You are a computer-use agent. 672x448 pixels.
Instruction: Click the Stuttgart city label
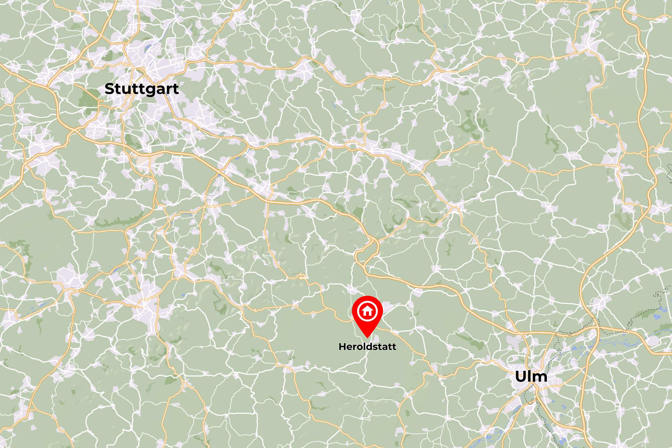click(x=142, y=89)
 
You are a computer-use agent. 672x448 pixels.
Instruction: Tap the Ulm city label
click(x=531, y=376)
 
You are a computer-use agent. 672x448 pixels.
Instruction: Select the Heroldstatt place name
click(x=367, y=347)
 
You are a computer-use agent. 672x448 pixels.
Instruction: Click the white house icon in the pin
click(x=367, y=311)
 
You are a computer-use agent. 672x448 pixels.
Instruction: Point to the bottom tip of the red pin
click(x=367, y=337)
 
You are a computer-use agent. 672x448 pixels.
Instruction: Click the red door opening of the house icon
click(x=367, y=313)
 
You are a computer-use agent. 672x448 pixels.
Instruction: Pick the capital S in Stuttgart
click(x=110, y=89)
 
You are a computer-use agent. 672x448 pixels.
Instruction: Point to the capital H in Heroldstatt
click(x=342, y=347)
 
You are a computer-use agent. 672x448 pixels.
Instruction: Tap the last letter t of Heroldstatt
click(x=394, y=347)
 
